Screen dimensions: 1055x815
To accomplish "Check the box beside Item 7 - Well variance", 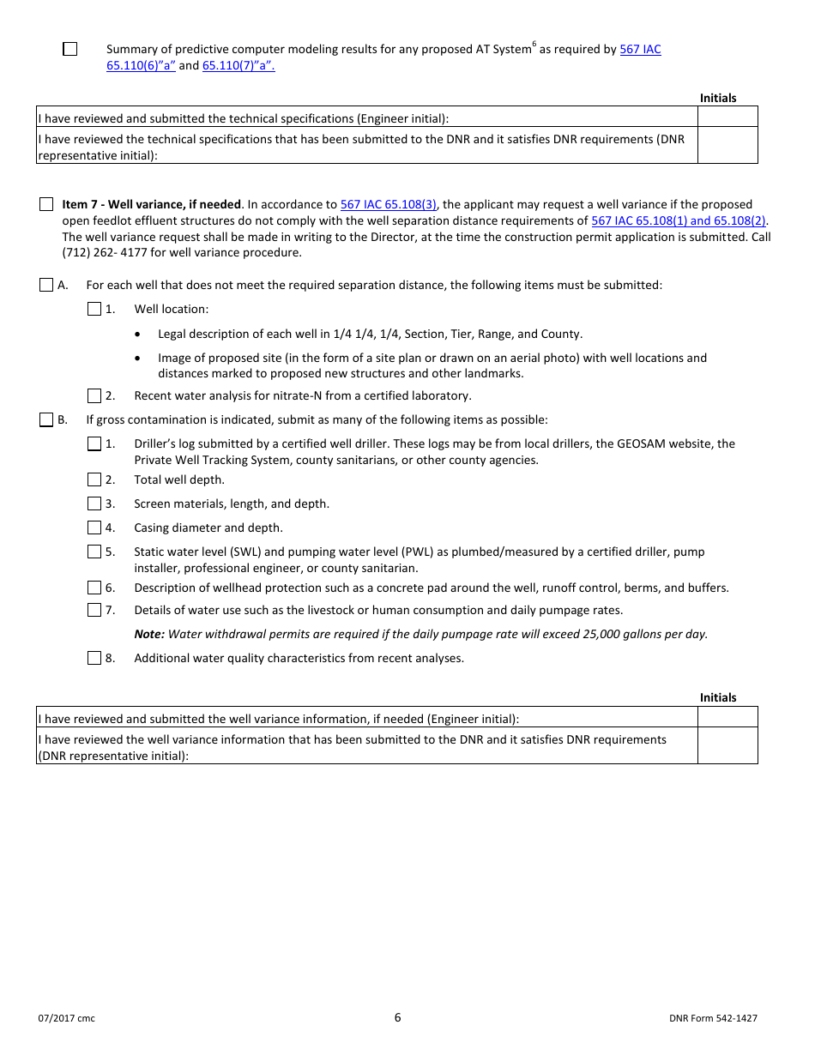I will click(46, 204).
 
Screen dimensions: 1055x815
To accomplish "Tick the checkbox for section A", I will click(46, 285).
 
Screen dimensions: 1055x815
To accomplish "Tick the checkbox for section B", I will click(46, 420).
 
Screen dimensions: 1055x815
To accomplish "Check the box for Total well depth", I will click(94, 479).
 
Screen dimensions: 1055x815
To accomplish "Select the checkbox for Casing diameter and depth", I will click(94, 527).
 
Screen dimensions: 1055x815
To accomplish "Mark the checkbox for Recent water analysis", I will click(94, 395).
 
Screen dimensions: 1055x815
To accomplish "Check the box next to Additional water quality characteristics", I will click(94, 658).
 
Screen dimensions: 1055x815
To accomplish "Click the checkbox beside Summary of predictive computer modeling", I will click(70, 49).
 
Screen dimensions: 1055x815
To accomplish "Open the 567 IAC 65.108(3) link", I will click(389, 204).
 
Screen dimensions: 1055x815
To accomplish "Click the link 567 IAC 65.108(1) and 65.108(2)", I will click(679, 220).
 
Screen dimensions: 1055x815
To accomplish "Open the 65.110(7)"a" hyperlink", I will click(238, 66).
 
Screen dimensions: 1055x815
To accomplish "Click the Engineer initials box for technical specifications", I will click(727, 118).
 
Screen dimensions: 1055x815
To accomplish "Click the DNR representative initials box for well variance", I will click(727, 746).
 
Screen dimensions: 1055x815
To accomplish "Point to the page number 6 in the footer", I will click(398, 1018).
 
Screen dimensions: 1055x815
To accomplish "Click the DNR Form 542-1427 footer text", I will click(713, 1019).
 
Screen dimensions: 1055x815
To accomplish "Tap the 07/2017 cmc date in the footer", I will click(66, 1019).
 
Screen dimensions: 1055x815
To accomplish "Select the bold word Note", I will click(148, 635).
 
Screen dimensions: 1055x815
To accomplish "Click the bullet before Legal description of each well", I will click(139, 335).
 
